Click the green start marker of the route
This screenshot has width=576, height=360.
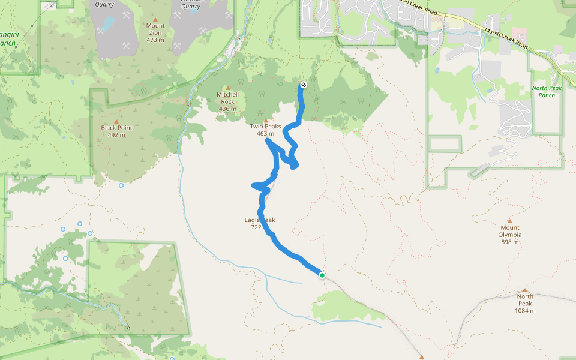[322, 275]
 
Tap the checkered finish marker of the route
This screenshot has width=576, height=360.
[304, 85]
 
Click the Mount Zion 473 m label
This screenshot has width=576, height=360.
[155, 33]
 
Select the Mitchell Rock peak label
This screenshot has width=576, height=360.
[227, 101]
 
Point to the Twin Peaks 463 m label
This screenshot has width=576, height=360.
[265, 130]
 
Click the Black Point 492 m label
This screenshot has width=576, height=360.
[116, 131]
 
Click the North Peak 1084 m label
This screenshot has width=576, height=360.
[525, 303]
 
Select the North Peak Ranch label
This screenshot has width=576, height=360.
[547, 91]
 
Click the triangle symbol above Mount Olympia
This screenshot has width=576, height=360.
[510, 221]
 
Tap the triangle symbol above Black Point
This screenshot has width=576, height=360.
[116, 121]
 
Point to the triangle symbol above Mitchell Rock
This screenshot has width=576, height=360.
[227, 88]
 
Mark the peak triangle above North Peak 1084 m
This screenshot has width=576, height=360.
[525, 290]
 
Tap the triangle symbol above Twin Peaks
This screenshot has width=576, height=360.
[265, 120]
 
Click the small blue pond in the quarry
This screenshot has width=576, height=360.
[108, 23]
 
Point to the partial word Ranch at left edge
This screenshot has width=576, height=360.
[7, 43]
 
